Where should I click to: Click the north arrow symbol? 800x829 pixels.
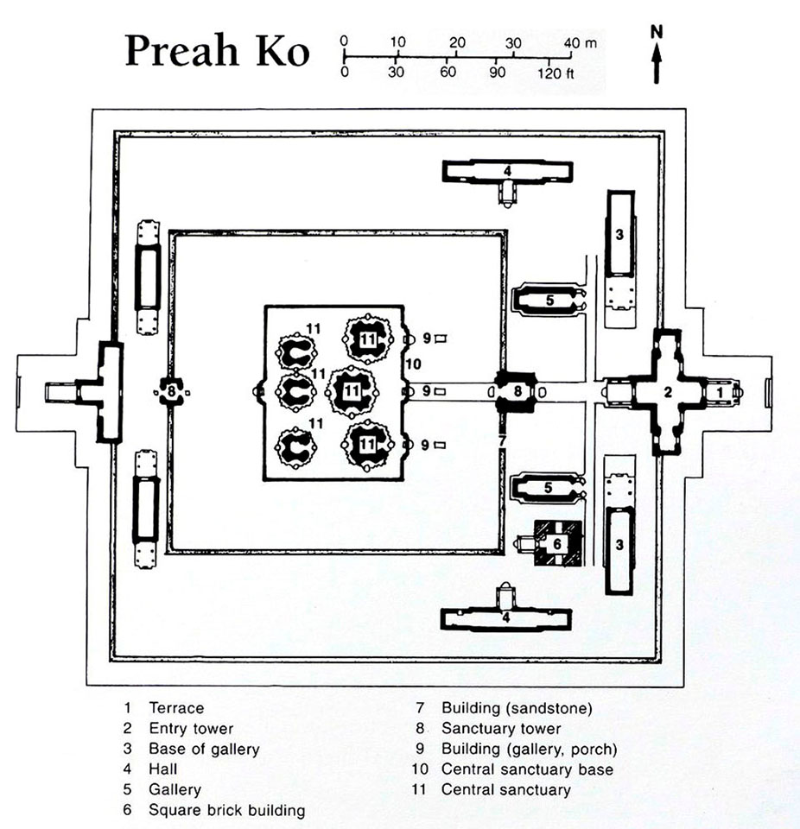(657, 62)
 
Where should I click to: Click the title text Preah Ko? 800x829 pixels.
(217, 51)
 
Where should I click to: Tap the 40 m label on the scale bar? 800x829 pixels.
(581, 43)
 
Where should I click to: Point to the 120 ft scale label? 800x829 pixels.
(556, 73)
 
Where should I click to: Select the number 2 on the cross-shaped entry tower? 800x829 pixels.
(668, 392)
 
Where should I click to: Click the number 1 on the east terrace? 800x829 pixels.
(720, 393)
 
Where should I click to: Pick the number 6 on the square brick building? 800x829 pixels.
(556, 543)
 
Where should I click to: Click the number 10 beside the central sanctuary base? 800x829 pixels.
(413, 364)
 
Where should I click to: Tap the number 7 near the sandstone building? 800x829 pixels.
(502, 440)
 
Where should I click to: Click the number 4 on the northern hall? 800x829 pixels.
(507, 171)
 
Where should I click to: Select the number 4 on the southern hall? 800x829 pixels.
(506, 617)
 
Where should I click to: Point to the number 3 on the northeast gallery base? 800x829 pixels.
(619, 234)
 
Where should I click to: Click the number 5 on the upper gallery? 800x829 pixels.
(549, 301)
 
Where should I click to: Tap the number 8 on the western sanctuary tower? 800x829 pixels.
(171, 392)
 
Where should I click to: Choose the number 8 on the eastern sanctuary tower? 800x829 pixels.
(517, 391)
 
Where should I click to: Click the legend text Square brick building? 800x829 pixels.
(227, 811)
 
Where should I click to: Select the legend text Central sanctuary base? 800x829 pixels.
(528, 769)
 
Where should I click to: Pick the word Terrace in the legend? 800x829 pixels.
(176, 708)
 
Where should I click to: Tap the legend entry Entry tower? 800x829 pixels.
(191, 729)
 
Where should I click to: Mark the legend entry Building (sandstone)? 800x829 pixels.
(517, 708)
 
